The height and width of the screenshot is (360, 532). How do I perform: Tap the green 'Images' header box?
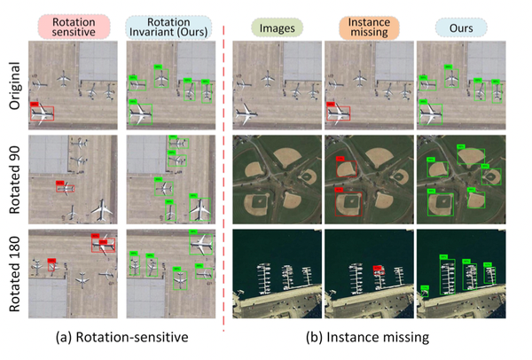(275, 26)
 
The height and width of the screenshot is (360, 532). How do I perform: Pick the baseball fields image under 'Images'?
(275, 177)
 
